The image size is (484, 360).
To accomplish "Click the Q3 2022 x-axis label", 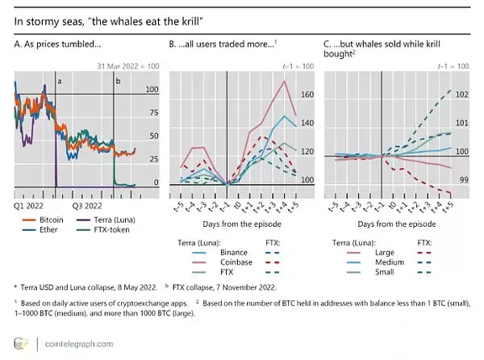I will click(89, 205).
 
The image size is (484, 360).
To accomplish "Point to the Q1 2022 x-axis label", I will click(30, 205).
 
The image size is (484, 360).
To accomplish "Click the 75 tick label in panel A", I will click(152, 113).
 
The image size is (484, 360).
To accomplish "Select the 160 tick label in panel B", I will click(307, 94).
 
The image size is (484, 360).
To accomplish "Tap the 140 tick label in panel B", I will click(307, 123).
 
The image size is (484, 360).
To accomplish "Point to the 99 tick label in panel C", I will click(461, 180).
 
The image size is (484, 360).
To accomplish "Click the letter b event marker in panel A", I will click(118, 82).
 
